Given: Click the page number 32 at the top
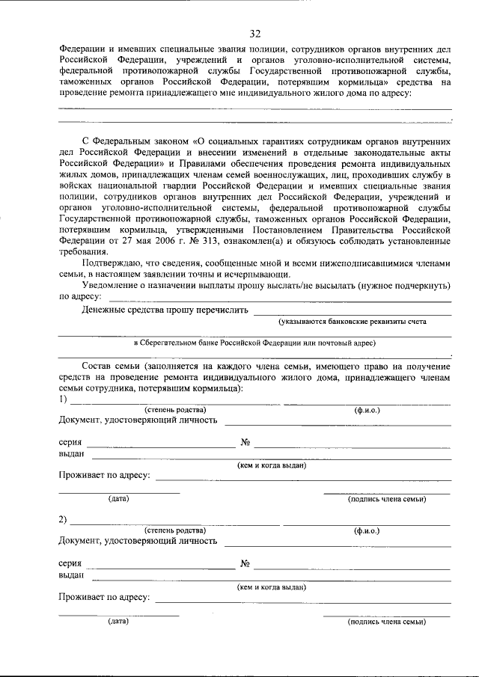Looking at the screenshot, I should pos(255,34).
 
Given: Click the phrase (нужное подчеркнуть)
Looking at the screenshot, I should pos(404,285).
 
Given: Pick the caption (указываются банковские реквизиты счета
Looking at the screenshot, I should pos(353,321).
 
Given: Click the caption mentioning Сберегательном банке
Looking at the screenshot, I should pos(254,343).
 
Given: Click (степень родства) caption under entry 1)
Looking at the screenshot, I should pos(175,409).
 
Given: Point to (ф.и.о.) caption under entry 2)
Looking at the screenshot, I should pos(367,530).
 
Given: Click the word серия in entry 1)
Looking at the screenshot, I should pos(70,443).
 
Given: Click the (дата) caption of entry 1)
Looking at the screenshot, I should pos(118,498).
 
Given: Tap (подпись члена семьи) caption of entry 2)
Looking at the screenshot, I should pos(386,622).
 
